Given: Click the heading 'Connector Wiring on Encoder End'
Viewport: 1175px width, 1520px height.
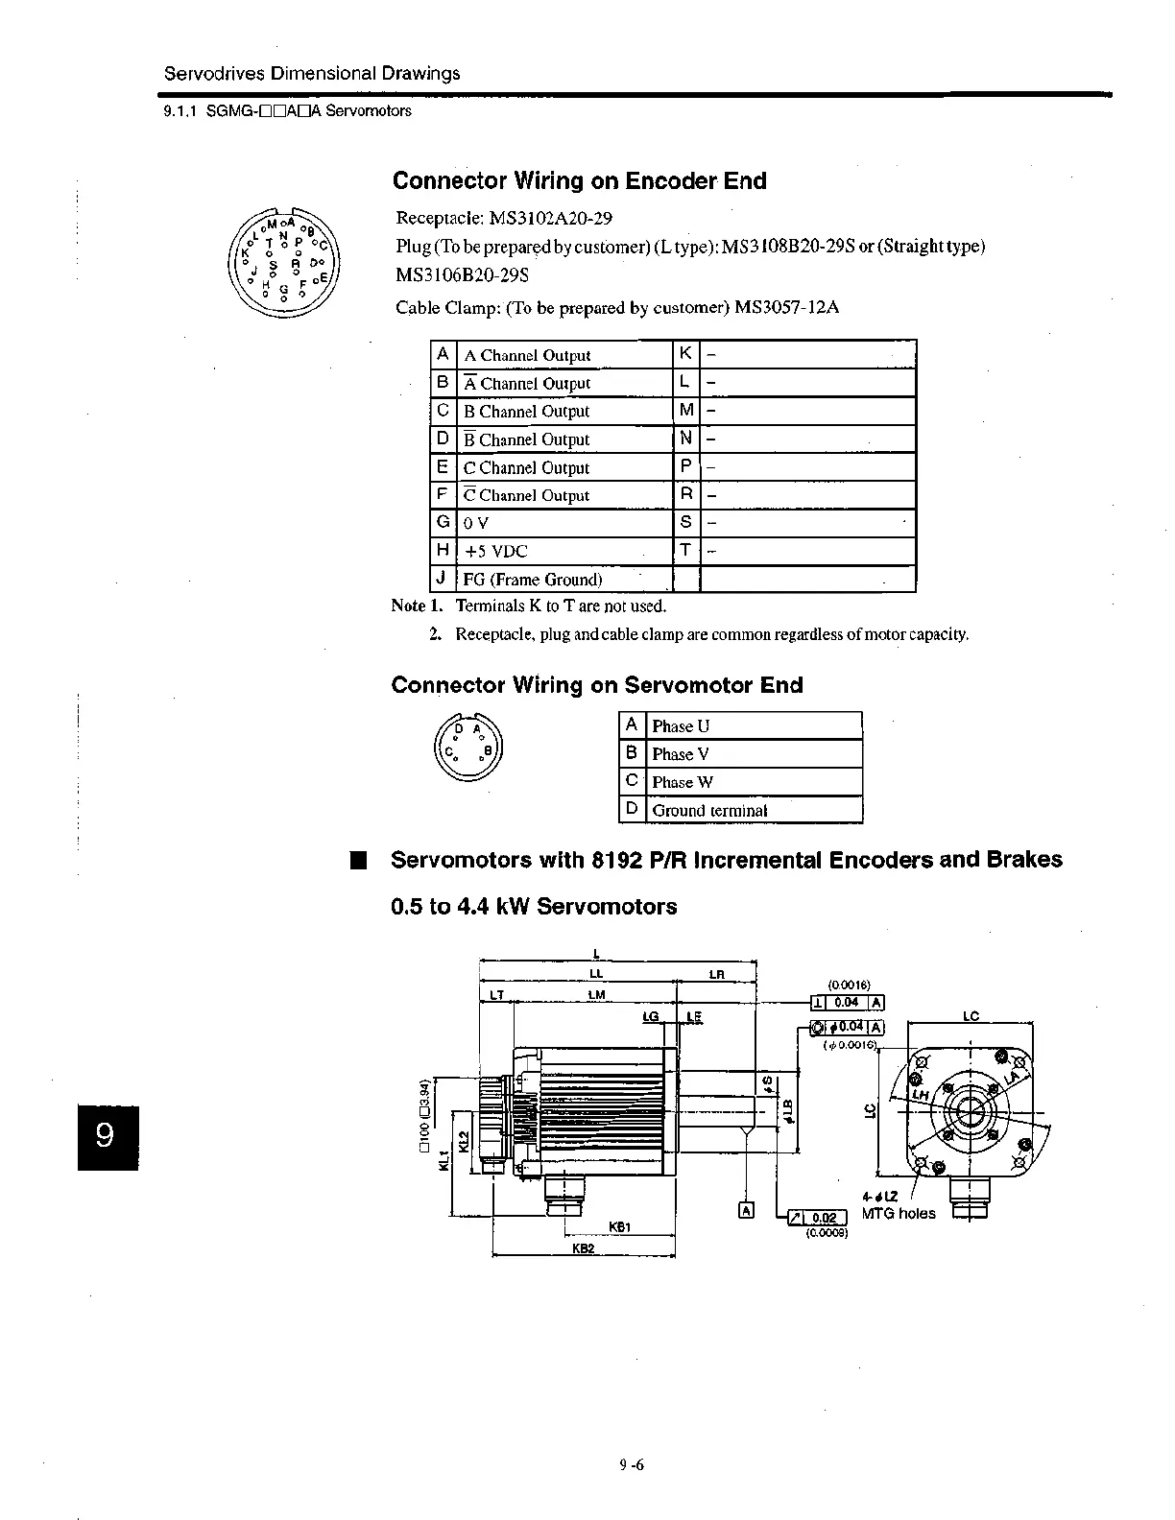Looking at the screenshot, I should pyautogui.click(x=579, y=181).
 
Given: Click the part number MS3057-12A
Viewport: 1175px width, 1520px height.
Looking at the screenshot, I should pyautogui.click(x=787, y=308).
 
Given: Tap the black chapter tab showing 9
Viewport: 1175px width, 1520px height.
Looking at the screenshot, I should pyautogui.click(x=108, y=1137).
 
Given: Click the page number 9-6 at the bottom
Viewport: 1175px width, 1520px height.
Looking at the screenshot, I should pyautogui.click(x=631, y=1465).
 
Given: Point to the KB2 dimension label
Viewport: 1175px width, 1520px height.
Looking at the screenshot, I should pyautogui.click(x=584, y=1248).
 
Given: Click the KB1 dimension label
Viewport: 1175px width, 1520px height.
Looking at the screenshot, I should pyautogui.click(x=619, y=1226).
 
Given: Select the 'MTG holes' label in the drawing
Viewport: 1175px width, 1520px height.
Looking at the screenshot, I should pyautogui.click(x=898, y=1213).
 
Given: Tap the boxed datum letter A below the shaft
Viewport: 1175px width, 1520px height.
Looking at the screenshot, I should pyautogui.click(x=746, y=1210).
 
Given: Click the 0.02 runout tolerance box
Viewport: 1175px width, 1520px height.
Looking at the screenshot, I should pyautogui.click(x=824, y=1218).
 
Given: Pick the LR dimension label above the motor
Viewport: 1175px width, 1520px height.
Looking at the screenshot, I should pyautogui.click(x=716, y=975).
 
